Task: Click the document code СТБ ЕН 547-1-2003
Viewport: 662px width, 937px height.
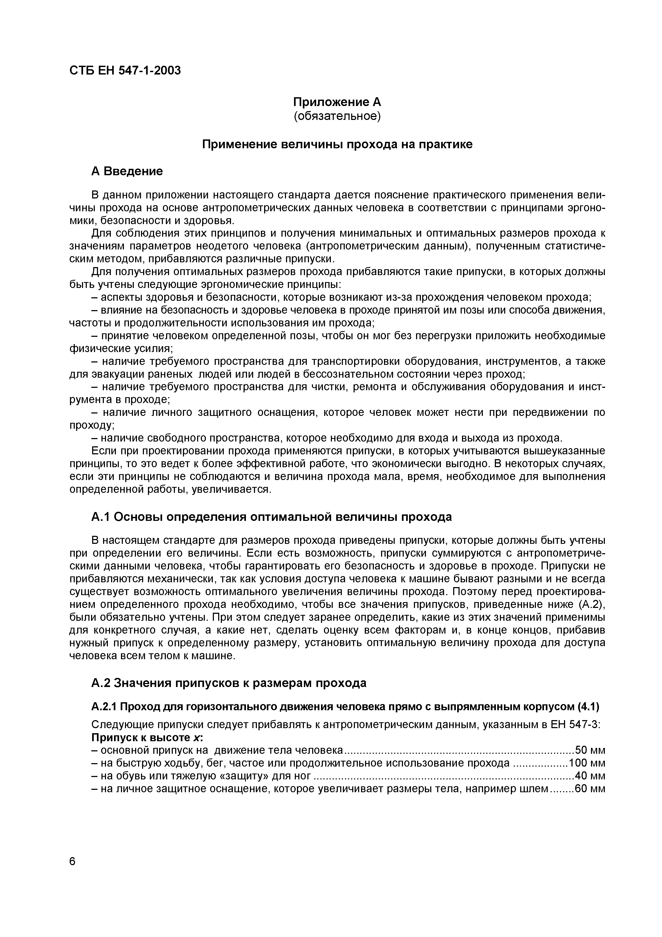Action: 125,71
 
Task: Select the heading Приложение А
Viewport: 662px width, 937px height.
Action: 337,101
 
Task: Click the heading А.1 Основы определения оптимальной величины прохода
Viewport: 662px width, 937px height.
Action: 271,517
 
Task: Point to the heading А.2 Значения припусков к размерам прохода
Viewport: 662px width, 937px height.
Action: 228,683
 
